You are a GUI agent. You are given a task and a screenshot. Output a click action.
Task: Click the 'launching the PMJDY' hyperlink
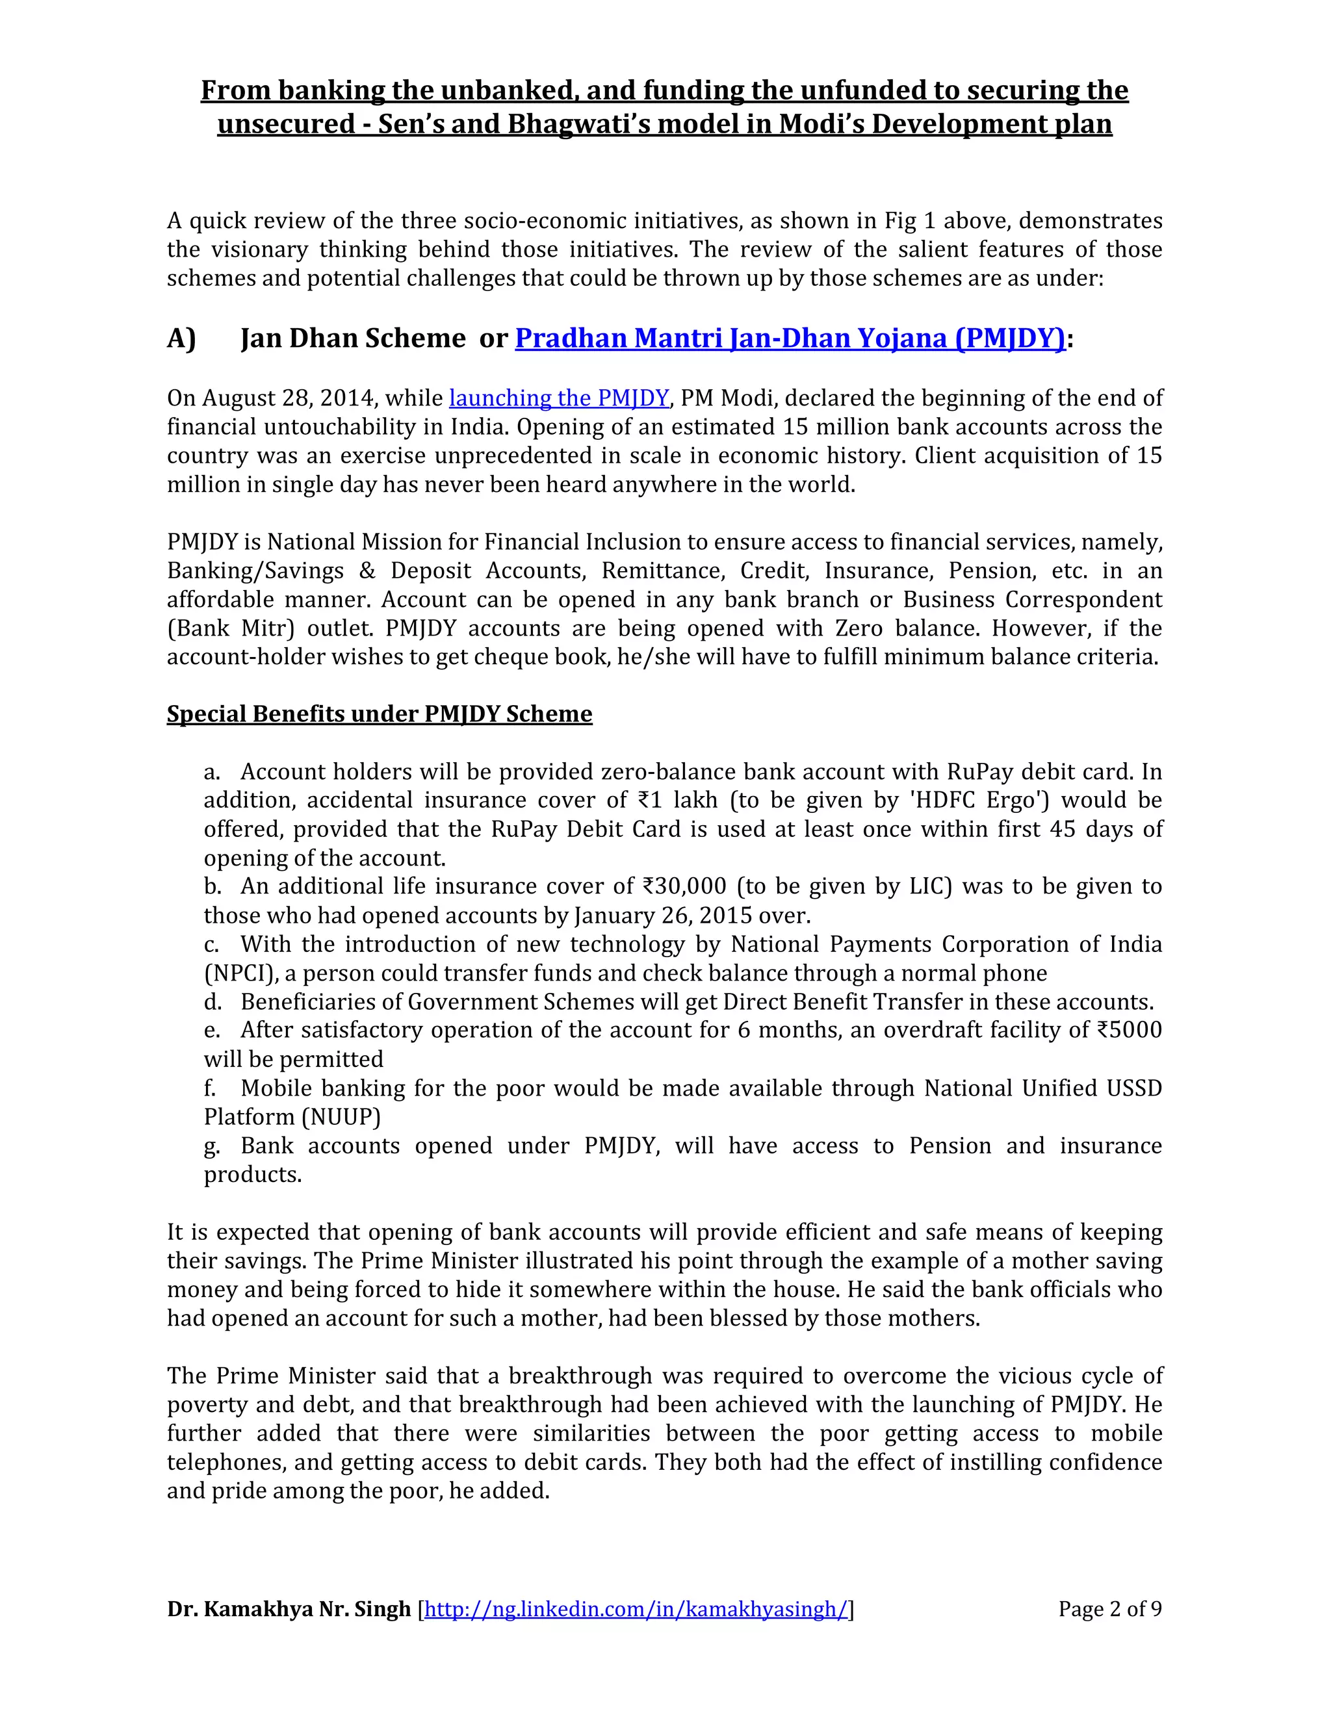pyautogui.click(x=558, y=398)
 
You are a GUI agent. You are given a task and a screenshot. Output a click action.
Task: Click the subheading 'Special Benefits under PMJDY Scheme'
pyautogui.click(x=380, y=713)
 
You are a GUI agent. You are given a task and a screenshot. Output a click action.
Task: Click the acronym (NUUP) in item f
pyautogui.click(x=341, y=1116)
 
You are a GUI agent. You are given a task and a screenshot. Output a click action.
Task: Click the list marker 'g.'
pyautogui.click(x=212, y=1146)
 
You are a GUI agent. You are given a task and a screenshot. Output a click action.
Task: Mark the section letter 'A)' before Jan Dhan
pyautogui.click(x=181, y=339)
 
